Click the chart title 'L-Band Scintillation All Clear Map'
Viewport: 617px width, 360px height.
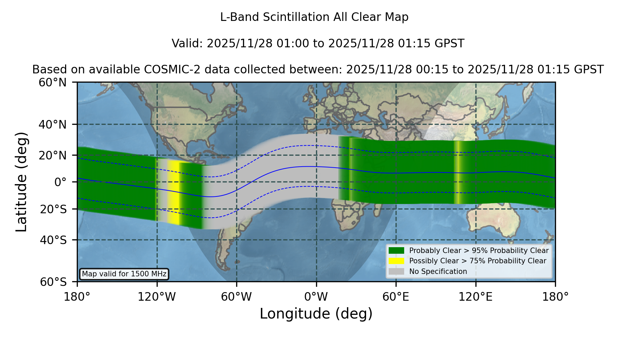click(314, 17)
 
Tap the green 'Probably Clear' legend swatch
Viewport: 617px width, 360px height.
click(397, 250)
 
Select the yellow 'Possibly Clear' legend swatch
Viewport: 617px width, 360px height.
click(397, 261)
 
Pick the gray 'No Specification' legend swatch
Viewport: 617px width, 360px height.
click(397, 271)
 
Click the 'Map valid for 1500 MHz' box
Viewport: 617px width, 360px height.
click(124, 274)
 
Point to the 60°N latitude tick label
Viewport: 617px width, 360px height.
click(53, 83)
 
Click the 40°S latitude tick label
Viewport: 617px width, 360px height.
click(53, 240)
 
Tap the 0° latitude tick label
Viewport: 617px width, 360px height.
click(60, 182)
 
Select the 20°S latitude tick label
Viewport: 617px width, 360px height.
click(53, 209)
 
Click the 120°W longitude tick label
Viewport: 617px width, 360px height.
click(157, 297)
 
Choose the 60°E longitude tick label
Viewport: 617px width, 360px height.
click(396, 297)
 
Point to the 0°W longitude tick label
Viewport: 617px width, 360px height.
click(316, 297)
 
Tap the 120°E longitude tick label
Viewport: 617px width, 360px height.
click(476, 297)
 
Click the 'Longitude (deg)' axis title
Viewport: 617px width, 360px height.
click(316, 314)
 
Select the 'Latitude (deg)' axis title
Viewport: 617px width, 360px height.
click(21, 182)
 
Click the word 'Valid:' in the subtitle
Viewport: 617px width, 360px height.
click(187, 44)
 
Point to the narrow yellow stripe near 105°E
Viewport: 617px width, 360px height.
click(457, 172)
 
